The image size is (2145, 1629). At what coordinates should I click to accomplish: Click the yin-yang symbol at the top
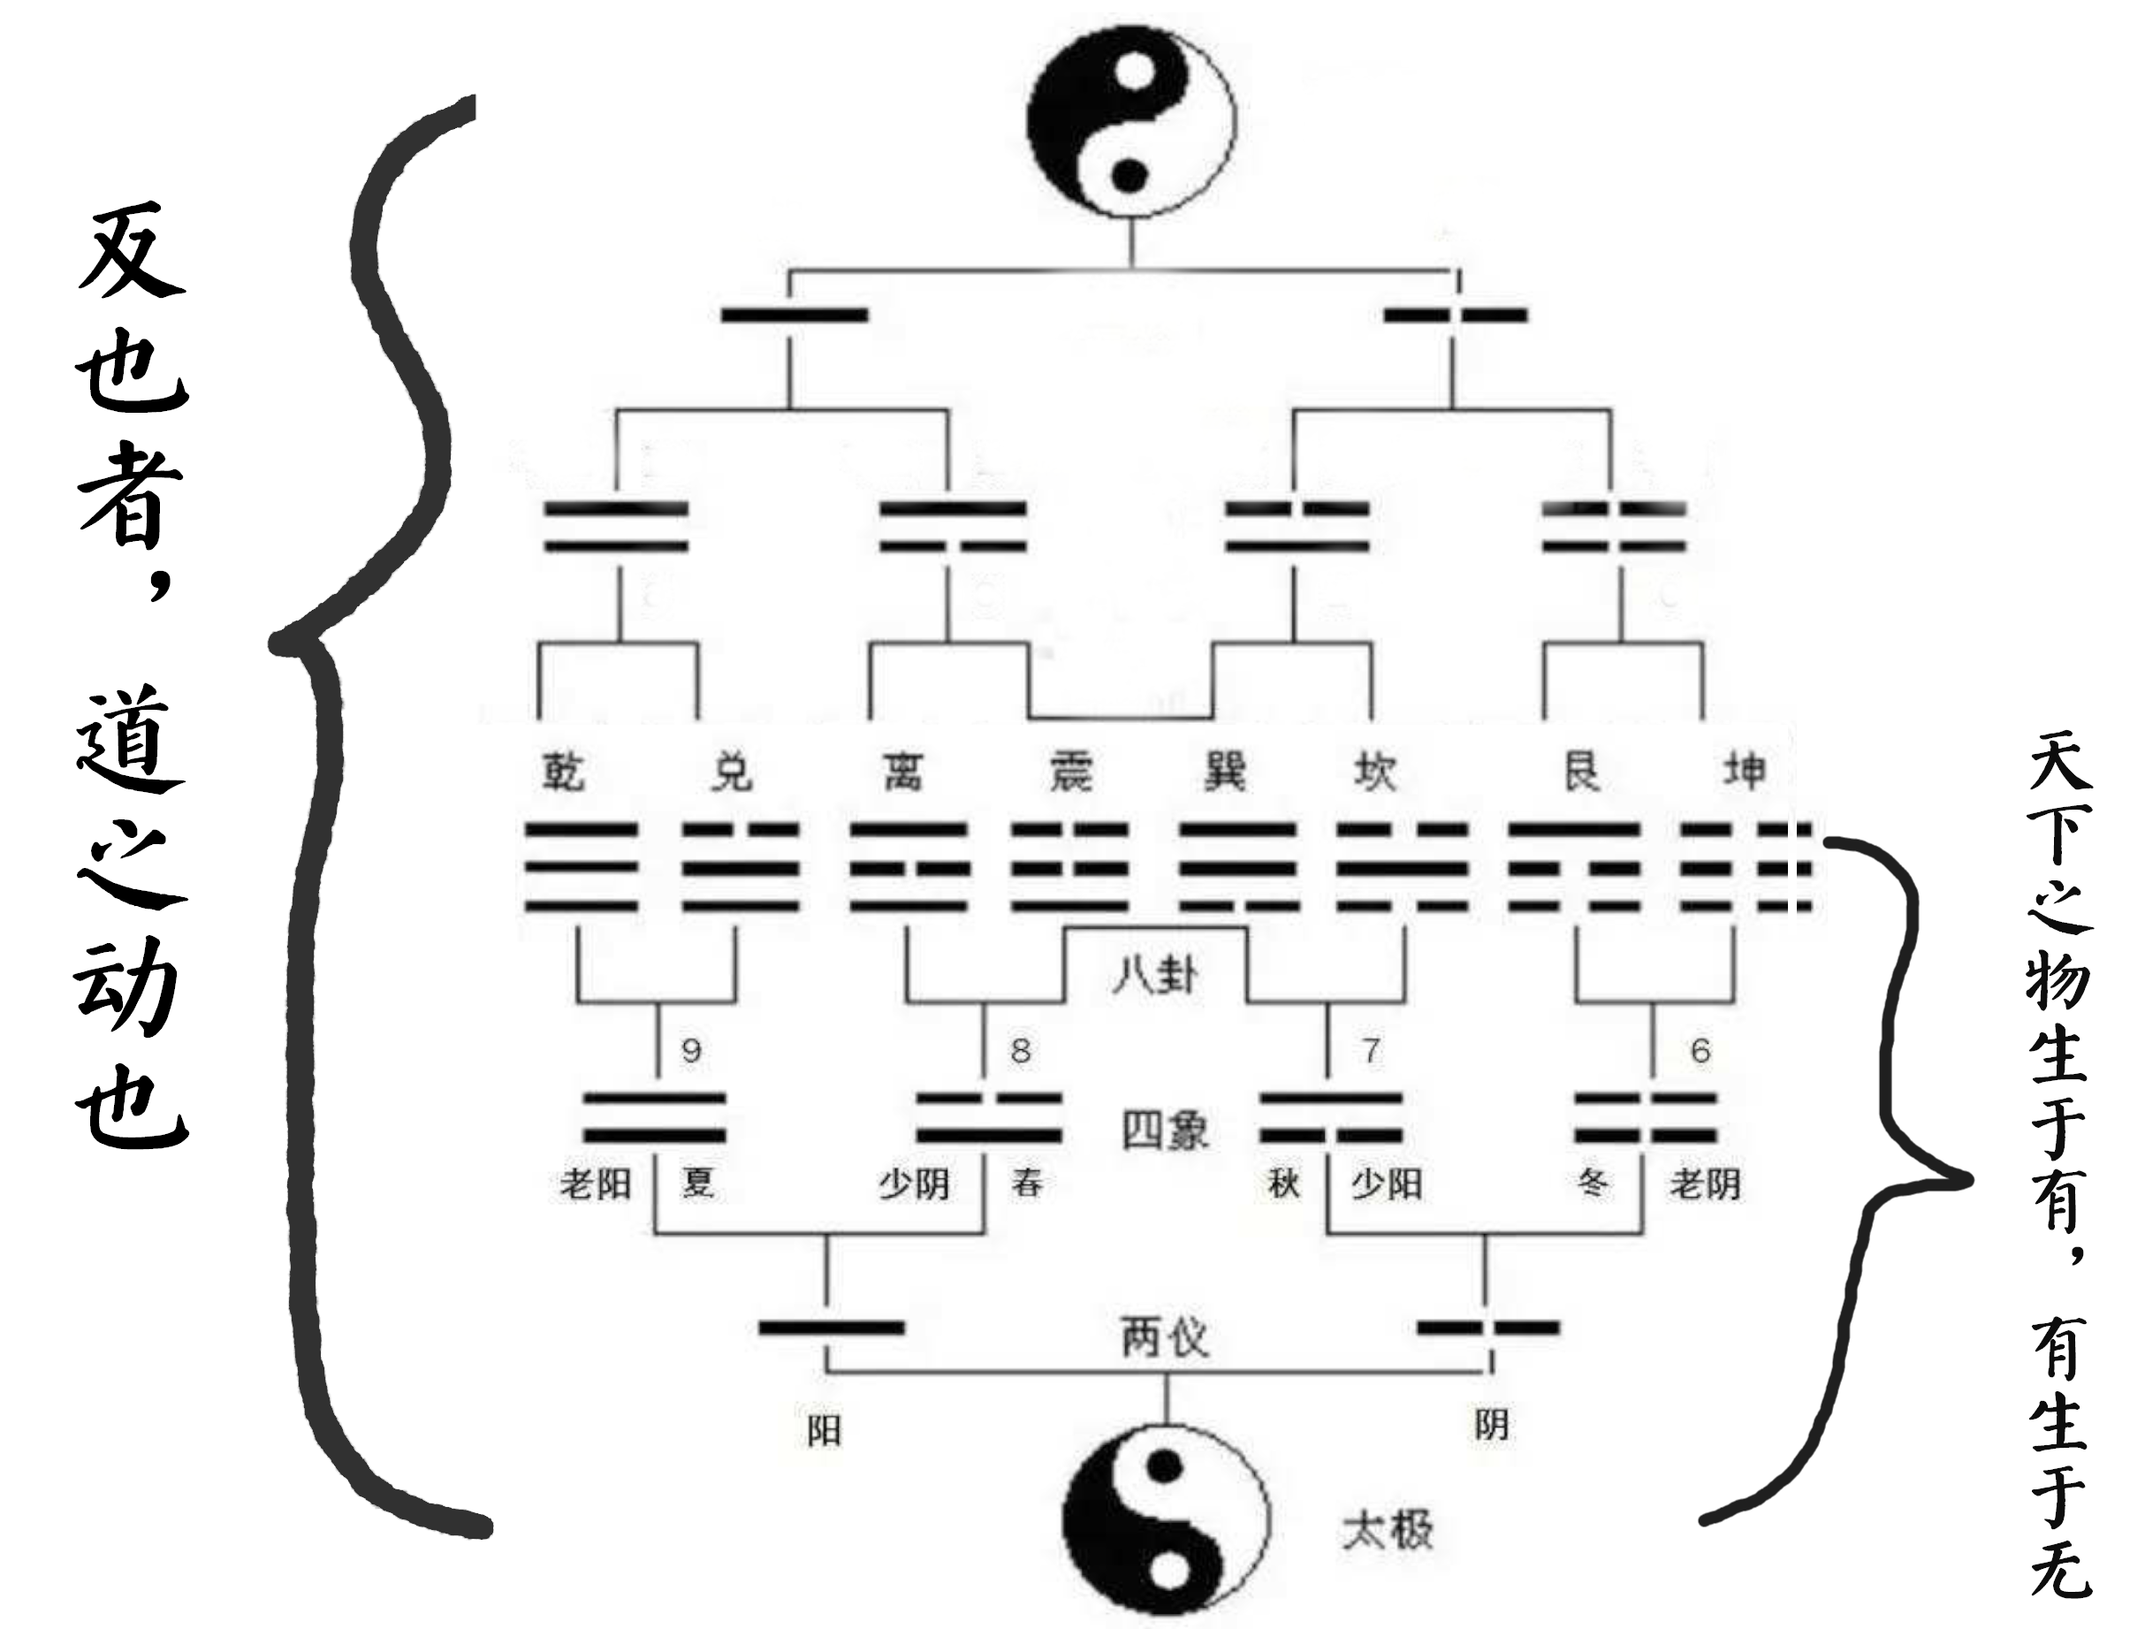pos(1131,120)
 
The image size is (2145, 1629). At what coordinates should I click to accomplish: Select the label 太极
pos(1388,1531)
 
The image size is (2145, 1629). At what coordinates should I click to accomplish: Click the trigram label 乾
pos(563,772)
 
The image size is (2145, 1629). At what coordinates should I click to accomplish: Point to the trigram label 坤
pos(1745,772)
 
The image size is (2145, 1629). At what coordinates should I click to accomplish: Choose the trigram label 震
pos(1070,772)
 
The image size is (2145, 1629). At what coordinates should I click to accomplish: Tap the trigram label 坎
pos(1375,772)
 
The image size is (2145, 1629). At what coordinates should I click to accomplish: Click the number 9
pos(691,1050)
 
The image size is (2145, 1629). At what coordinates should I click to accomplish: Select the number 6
pos(1700,1050)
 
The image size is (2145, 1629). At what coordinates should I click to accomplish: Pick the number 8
pos(1020,1050)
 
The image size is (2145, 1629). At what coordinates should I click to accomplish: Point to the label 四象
pos(1165,1130)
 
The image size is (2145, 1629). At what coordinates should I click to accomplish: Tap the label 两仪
pos(1165,1338)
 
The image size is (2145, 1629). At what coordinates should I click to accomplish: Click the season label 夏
pos(697,1183)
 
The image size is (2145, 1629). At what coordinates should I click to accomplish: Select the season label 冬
pos(1593,1183)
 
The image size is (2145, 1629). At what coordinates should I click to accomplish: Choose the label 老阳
pos(596,1184)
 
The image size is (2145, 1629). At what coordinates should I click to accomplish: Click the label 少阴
pos(914,1184)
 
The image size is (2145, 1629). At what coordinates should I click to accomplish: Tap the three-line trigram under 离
pos(909,868)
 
